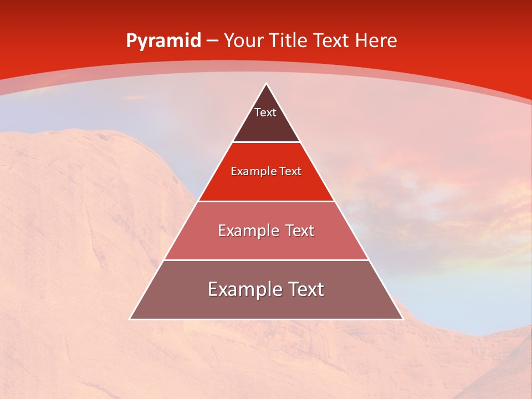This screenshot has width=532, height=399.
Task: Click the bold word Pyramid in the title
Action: [163, 41]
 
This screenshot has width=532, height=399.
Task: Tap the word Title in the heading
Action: [288, 40]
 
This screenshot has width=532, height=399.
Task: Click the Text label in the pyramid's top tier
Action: [265, 113]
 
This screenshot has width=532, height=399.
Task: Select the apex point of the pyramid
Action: [267, 84]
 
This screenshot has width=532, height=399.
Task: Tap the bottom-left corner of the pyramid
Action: [130, 319]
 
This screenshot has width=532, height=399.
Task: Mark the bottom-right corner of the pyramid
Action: [402, 319]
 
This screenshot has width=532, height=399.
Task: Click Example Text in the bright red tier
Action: [266, 172]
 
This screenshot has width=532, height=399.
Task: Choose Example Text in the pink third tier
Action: [266, 231]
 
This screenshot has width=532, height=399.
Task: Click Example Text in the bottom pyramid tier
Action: [266, 289]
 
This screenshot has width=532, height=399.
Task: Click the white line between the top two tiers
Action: [267, 142]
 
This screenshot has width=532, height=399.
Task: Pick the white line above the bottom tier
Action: [267, 260]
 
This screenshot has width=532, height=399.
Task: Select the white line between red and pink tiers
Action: [267, 201]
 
